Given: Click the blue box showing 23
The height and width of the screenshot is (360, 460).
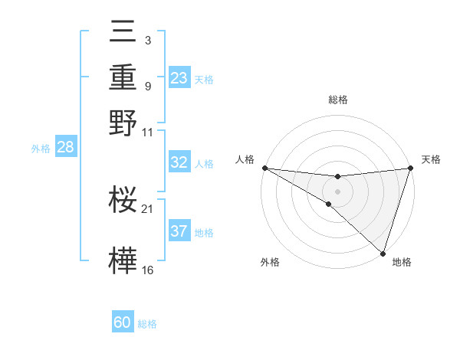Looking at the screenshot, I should tap(179, 78).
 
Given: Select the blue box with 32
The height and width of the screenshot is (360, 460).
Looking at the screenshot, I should tap(179, 162).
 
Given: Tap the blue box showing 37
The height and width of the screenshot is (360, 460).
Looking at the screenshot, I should tap(179, 231).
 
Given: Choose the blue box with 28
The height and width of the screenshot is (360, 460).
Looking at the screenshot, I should tap(65, 147).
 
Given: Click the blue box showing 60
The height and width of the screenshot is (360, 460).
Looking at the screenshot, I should tap(123, 322).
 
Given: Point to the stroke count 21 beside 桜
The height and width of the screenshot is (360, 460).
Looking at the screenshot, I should tap(148, 208).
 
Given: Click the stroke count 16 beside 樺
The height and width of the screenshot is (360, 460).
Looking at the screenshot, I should tap(148, 270).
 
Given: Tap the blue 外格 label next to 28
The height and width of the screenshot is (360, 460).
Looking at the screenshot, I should tap(41, 149).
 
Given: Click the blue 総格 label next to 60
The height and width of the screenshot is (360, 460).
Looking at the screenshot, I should tap(147, 324).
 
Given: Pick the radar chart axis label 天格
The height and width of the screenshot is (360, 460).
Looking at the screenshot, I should tap(431, 159).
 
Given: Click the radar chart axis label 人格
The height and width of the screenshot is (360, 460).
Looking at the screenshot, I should tap(245, 159).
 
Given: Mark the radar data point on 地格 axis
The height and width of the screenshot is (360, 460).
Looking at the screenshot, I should tap(383, 253).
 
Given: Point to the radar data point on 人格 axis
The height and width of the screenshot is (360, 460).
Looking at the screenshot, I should tap(264, 168).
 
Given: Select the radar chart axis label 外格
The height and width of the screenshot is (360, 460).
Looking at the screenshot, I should tap(270, 262).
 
